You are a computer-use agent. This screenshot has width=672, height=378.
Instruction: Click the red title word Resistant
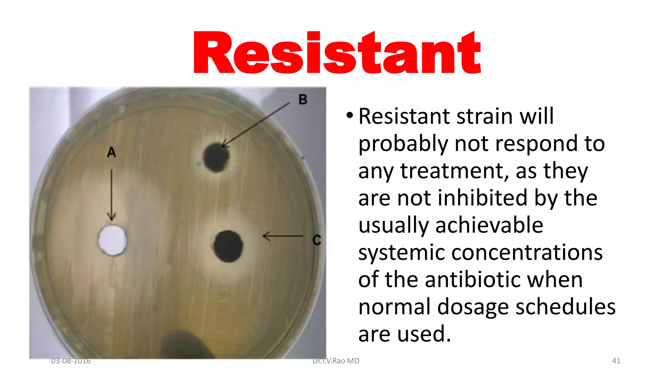click(337, 52)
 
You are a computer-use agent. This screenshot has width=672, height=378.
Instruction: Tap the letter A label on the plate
click(112, 152)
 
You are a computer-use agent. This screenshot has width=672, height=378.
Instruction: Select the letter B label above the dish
click(303, 99)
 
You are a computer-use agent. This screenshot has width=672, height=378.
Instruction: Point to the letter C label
click(316, 240)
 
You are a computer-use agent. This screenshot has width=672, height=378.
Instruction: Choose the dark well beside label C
click(228, 246)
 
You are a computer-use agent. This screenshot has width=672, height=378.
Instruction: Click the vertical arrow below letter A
click(112, 195)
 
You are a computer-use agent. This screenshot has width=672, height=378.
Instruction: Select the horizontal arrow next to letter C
click(283, 236)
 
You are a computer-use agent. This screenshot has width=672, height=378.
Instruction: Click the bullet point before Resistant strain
click(350, 115)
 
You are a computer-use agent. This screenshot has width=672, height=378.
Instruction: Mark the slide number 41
click(616, 361)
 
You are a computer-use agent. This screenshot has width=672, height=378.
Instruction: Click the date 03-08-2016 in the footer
click(71, 361)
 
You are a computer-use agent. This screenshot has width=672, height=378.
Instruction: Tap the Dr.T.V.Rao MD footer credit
click(336, 361)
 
